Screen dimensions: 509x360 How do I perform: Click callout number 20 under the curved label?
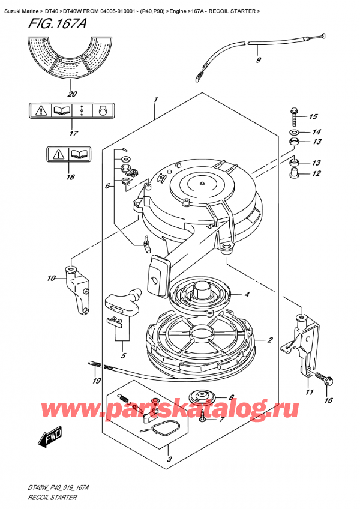(x=72, y=94)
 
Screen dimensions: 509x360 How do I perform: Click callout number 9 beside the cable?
(x=258, y=60)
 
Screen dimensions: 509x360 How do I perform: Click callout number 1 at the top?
(x=155, y=99)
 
